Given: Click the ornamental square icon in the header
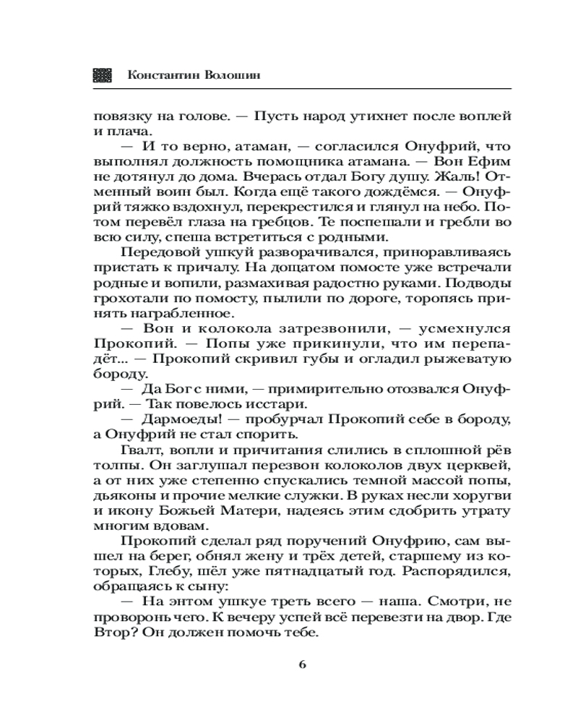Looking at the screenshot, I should tap(102, 76).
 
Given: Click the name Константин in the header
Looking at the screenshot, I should tap(159, 76).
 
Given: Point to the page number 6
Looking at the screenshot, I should tap(303, 664).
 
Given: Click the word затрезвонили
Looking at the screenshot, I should tap(269, 330).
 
